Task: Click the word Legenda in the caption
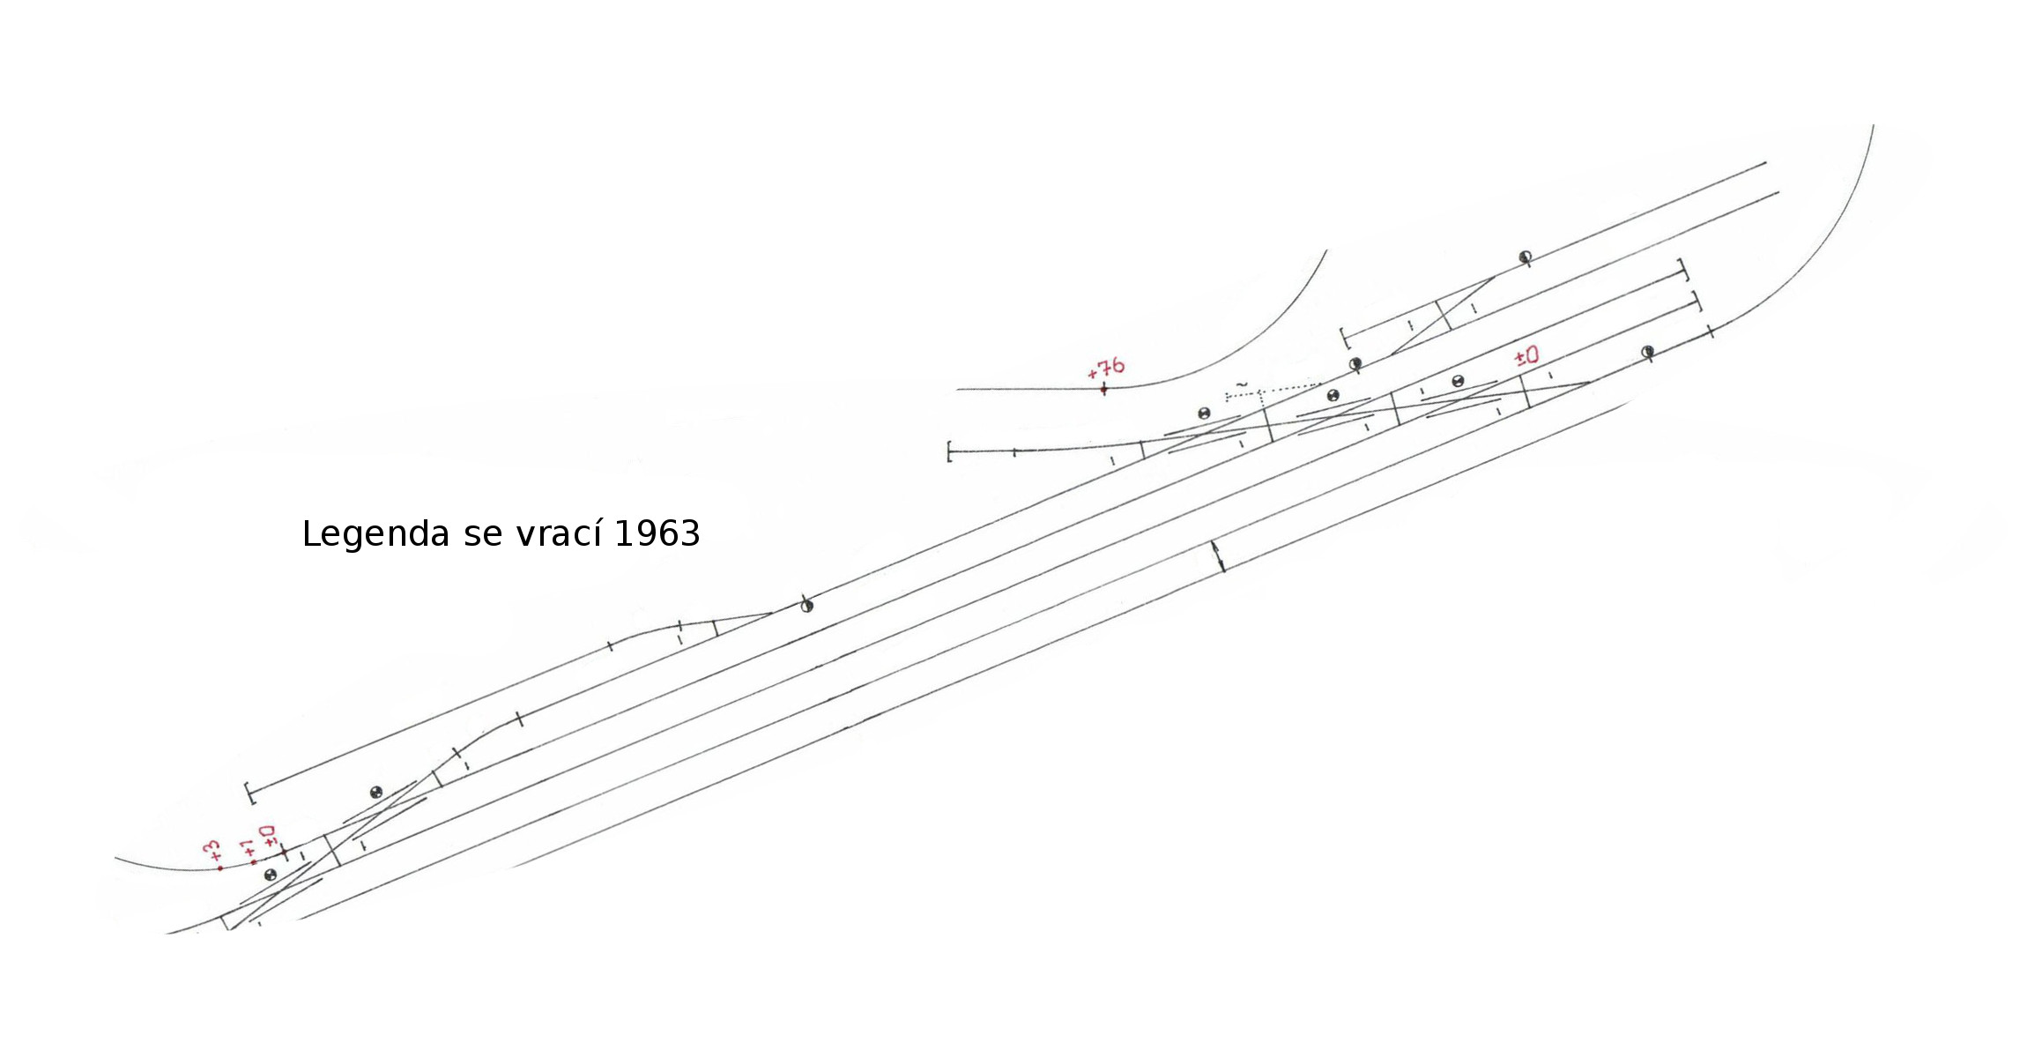(x=375, y=534)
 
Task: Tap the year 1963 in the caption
(x=657, y=533)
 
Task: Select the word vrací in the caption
(x=560, y=533)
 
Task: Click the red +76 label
(x=1107, y=368)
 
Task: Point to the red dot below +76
(x=1103, y=388)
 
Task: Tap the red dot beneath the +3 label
(x=220, y=868)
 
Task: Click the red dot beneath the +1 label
(x=254, y=861)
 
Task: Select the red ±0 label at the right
(x=1526, y=356)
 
